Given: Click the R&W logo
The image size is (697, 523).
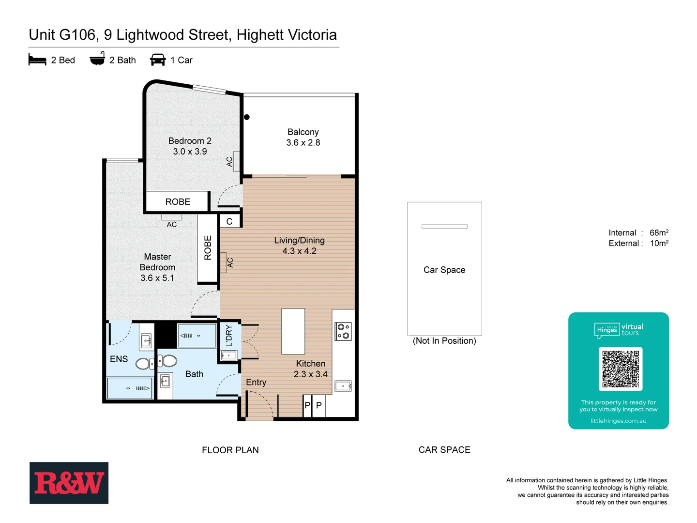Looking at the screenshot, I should point(69,483).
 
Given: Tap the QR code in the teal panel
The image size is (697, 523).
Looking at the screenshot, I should point(620,369).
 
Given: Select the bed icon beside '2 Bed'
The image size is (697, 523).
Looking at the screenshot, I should point(37,60).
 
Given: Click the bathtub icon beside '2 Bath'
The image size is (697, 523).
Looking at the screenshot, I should point(97,59).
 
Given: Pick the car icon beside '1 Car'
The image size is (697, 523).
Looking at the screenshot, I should point(158,60).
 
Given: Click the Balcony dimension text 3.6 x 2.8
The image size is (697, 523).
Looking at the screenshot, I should point(303,143).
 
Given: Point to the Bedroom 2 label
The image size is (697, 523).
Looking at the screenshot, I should point(190,141).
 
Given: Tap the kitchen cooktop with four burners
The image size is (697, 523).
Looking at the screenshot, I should point(343,331).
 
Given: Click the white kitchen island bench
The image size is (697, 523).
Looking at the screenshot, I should point(293,332).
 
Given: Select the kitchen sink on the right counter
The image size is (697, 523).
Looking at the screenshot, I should point(343,386).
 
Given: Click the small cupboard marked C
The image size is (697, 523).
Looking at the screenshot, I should point(229,221).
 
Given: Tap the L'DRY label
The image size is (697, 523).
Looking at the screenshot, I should point(229,336).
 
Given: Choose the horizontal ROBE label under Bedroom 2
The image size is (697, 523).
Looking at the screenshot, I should point(178,202).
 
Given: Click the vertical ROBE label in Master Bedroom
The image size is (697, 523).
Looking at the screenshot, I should point(208,248).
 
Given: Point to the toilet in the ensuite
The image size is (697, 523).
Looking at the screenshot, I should point(144,363).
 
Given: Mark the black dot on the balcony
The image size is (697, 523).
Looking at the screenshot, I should point(247,117).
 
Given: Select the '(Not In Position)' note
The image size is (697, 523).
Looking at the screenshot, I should point(444,341).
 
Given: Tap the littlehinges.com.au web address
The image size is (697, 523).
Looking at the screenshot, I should point(618,421).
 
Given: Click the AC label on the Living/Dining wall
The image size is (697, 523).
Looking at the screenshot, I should point(230,262).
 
